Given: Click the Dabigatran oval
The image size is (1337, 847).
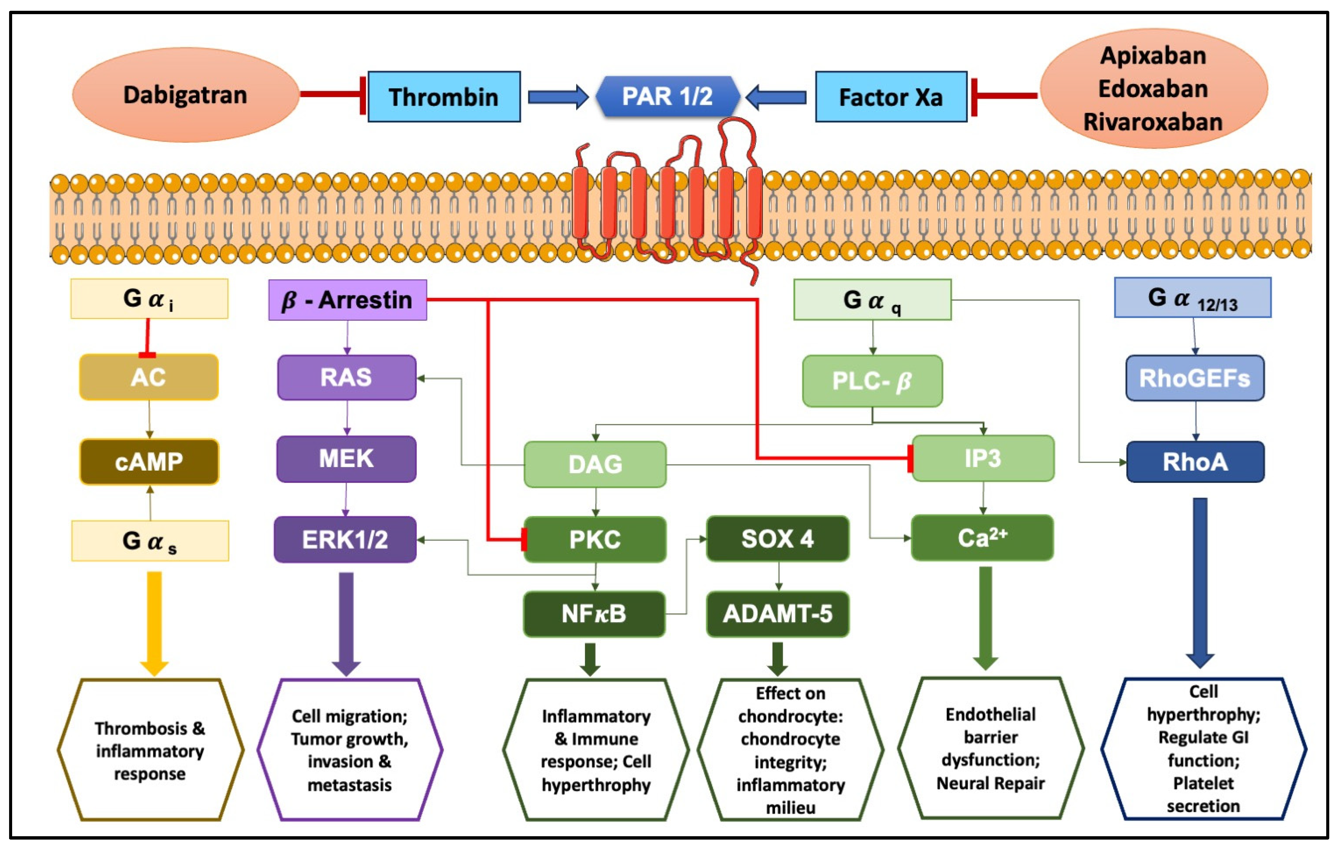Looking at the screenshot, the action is tap(185, 95).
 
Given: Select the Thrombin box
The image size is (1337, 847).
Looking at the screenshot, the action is tap(444, 97).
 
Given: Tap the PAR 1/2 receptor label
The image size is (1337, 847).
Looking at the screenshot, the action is tap(667, 96).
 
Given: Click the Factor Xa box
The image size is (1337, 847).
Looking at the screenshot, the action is tap(891, 97).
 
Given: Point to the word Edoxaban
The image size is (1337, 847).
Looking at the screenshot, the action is tap(1153, 89).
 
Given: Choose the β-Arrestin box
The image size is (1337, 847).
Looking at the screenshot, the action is tap(348, 300).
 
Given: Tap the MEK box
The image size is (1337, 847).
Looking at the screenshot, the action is tap(346, 459).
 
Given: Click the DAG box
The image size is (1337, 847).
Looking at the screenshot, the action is tap(595, 464).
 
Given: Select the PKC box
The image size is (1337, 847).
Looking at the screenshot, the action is tap(595, 539).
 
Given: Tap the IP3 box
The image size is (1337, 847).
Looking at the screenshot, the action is tap(983, 458).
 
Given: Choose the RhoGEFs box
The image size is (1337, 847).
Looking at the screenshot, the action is tap(1195, 378).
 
